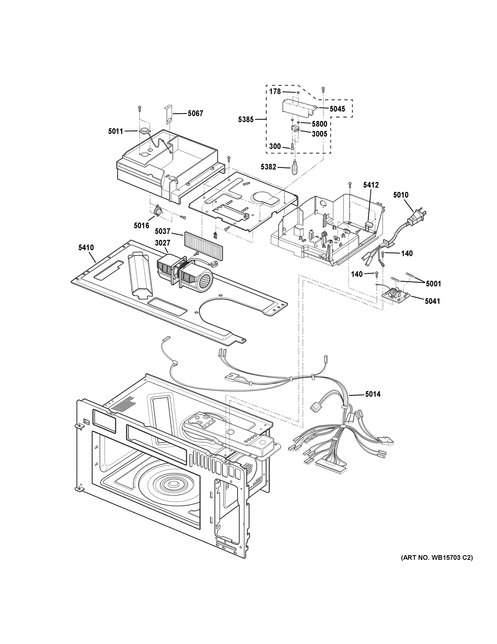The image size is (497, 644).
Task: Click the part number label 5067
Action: coord(195,113)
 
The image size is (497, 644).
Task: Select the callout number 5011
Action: coord(115,131)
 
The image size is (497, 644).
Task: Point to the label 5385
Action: coord(246,119)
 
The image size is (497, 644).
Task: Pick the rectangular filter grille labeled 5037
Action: coord(203,244)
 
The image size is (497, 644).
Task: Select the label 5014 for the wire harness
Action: coord(373,394)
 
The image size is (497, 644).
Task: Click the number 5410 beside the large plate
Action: coord(86,247)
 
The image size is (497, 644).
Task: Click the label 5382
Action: coord(268,167)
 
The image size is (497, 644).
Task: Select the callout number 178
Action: coord(275,92)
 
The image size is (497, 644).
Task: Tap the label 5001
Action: coord(434,284)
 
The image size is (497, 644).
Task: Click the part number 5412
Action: coord(371,185)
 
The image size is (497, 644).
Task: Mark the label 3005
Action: coord(319,134)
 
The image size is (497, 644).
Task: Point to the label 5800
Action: coord(319,124)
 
